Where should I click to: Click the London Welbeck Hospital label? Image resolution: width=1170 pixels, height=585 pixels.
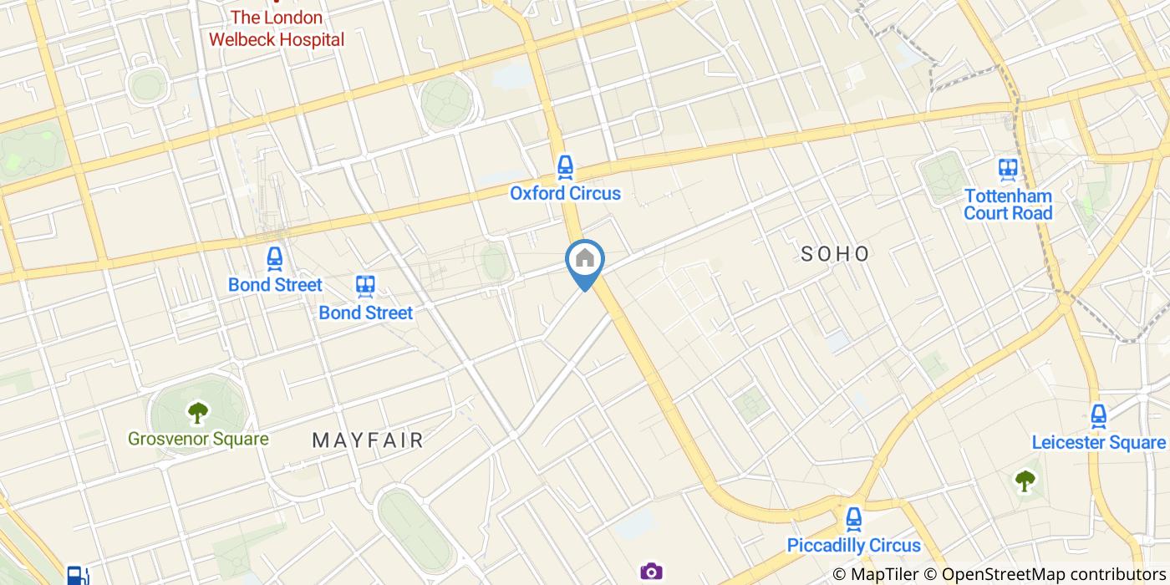(276, 28)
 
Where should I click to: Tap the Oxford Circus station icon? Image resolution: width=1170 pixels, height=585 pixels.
(566, 167)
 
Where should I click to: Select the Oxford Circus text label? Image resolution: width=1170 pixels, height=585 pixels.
(566, 194)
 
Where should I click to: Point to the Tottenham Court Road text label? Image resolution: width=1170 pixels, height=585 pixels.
(1008, 204)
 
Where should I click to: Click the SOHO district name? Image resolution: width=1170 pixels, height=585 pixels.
(835, 254)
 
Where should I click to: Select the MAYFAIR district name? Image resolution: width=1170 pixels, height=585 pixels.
(368, 440)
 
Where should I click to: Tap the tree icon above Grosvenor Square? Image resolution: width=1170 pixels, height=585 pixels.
(198, 411)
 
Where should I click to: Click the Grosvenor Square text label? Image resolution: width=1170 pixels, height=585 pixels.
(198, 440)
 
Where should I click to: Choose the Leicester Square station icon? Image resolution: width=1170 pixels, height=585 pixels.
(1098, 415)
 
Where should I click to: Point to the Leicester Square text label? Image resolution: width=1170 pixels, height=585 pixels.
(1098, 443)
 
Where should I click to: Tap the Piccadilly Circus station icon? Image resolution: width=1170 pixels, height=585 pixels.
(853, 519)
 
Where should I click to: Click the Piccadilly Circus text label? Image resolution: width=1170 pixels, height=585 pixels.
(853, 547)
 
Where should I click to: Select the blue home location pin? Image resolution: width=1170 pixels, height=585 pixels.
(585, 260)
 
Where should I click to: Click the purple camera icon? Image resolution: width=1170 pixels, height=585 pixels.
(651, 572)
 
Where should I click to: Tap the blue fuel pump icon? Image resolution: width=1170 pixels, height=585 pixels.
(77, 575)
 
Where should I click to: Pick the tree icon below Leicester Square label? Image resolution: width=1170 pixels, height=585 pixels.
(1025, 480)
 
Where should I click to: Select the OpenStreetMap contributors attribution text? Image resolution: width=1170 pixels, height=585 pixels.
(1052, 574)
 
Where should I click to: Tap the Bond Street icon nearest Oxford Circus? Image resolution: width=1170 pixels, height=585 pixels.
(365, 286)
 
